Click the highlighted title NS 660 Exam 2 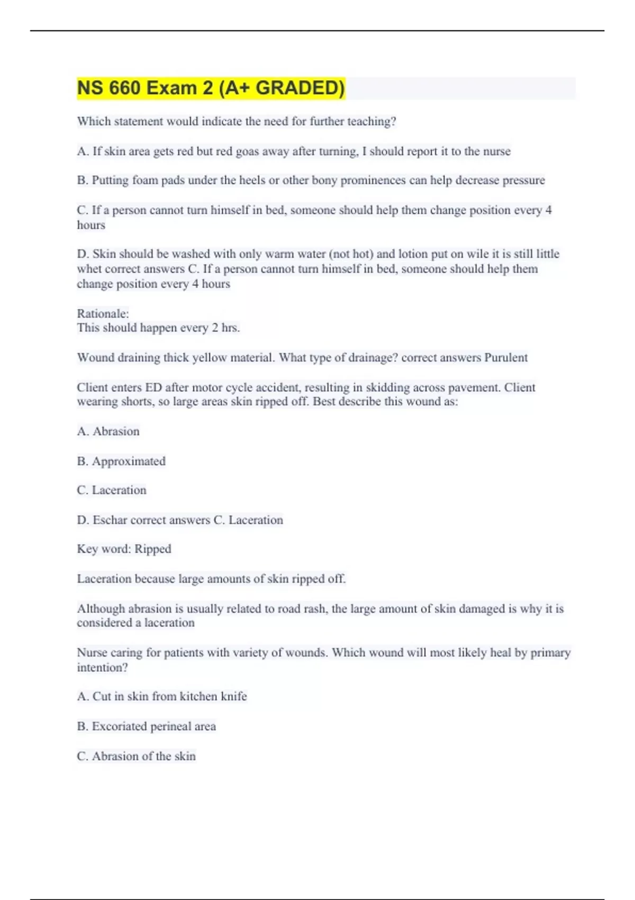click(x=211, y=88)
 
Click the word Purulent click(x=506, y=357)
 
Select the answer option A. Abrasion click(x=108, y=431)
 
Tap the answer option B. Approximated click(x=121, y=461)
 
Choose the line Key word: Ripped click(x=124, y=549)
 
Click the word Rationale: click(x=103, y=313)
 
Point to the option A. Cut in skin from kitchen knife click(x=162, y=696)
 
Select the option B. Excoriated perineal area click(x=147, y=726)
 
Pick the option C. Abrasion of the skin click(x=137, y=756)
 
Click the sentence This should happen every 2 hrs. click(x=158, y=328)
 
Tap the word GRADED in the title click(x=300, y=88)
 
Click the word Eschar click(x=110, y=520)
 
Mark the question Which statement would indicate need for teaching click(x=237, y=122)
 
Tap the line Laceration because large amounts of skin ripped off click(x=211, y=579)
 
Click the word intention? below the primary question click(x=102, y=668)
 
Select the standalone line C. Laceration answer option click(x=112, y=490)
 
